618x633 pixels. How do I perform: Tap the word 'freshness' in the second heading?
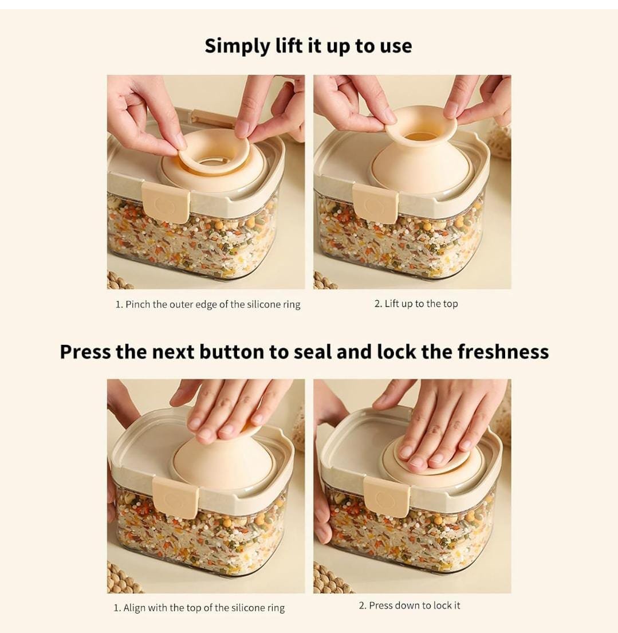(x=503, y=352)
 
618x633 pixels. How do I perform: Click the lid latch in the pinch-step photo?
(x=166, y=202)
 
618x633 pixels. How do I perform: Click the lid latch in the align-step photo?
(x=175, y=497)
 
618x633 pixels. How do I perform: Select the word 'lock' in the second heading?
(x=396, y=352)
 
